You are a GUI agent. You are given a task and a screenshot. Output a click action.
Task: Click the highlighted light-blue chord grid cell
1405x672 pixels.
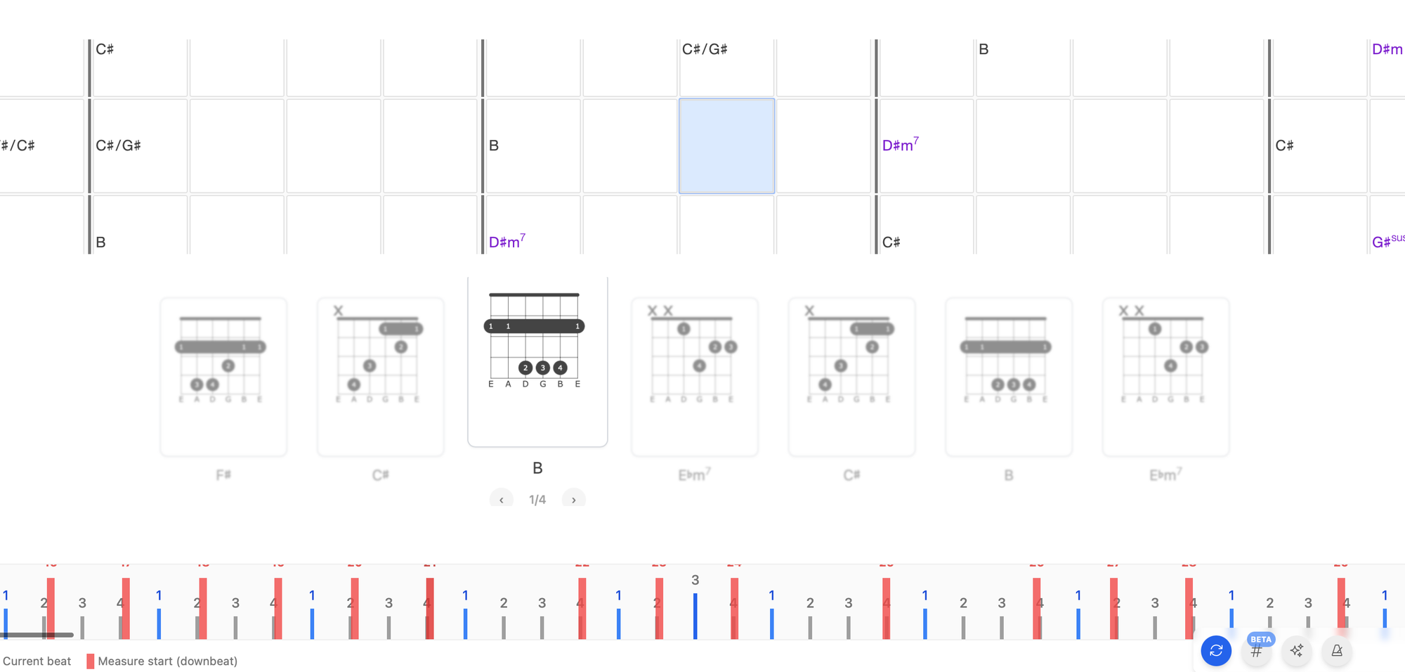(726, 146)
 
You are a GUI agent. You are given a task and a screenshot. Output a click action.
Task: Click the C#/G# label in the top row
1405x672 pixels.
(705, 49)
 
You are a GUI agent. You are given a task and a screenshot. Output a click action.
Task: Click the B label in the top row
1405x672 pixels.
(983, 49)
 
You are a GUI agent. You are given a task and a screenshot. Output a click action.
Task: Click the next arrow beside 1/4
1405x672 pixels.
(574, 499)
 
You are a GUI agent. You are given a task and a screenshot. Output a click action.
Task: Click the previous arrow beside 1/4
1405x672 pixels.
(501, 499)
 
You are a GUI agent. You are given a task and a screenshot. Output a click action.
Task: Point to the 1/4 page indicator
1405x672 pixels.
(537, 499)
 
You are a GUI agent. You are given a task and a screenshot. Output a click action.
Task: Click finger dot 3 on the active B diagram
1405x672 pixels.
(542, 368)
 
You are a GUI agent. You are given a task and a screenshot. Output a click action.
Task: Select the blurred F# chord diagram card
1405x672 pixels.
(223, 376)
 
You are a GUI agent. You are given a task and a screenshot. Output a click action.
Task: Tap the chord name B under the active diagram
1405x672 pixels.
(537, 468)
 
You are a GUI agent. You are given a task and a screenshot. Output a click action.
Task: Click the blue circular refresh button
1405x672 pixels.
(1216, 650)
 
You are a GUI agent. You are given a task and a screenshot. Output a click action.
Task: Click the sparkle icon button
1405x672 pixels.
(1297, 650)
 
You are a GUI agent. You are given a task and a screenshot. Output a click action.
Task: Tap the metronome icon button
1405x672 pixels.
(1337, 650)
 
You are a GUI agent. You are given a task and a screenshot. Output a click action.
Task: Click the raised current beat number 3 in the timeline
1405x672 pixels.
(695, 580)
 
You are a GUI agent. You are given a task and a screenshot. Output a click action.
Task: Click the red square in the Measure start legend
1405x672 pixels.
(90, 661)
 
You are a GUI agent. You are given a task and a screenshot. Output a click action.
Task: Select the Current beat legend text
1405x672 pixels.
(37, 661)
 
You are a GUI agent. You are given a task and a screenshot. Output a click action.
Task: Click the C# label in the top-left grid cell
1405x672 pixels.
(105, 49)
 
